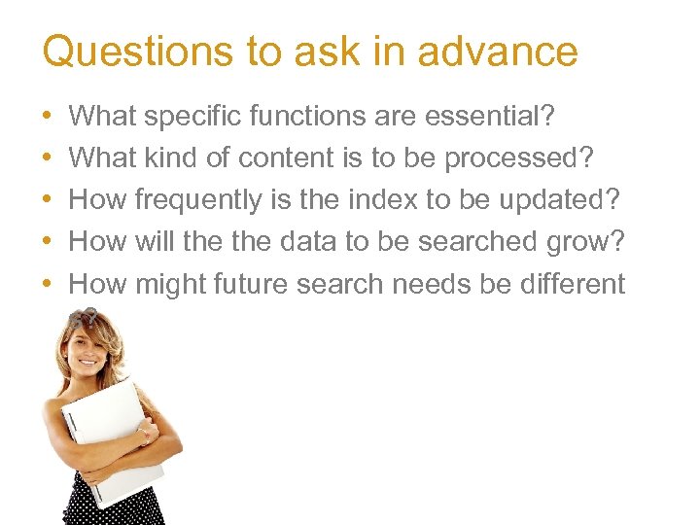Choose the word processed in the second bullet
[x=517, y=158]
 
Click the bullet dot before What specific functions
[x=48, y=118]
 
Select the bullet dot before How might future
[x=48, y=285]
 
